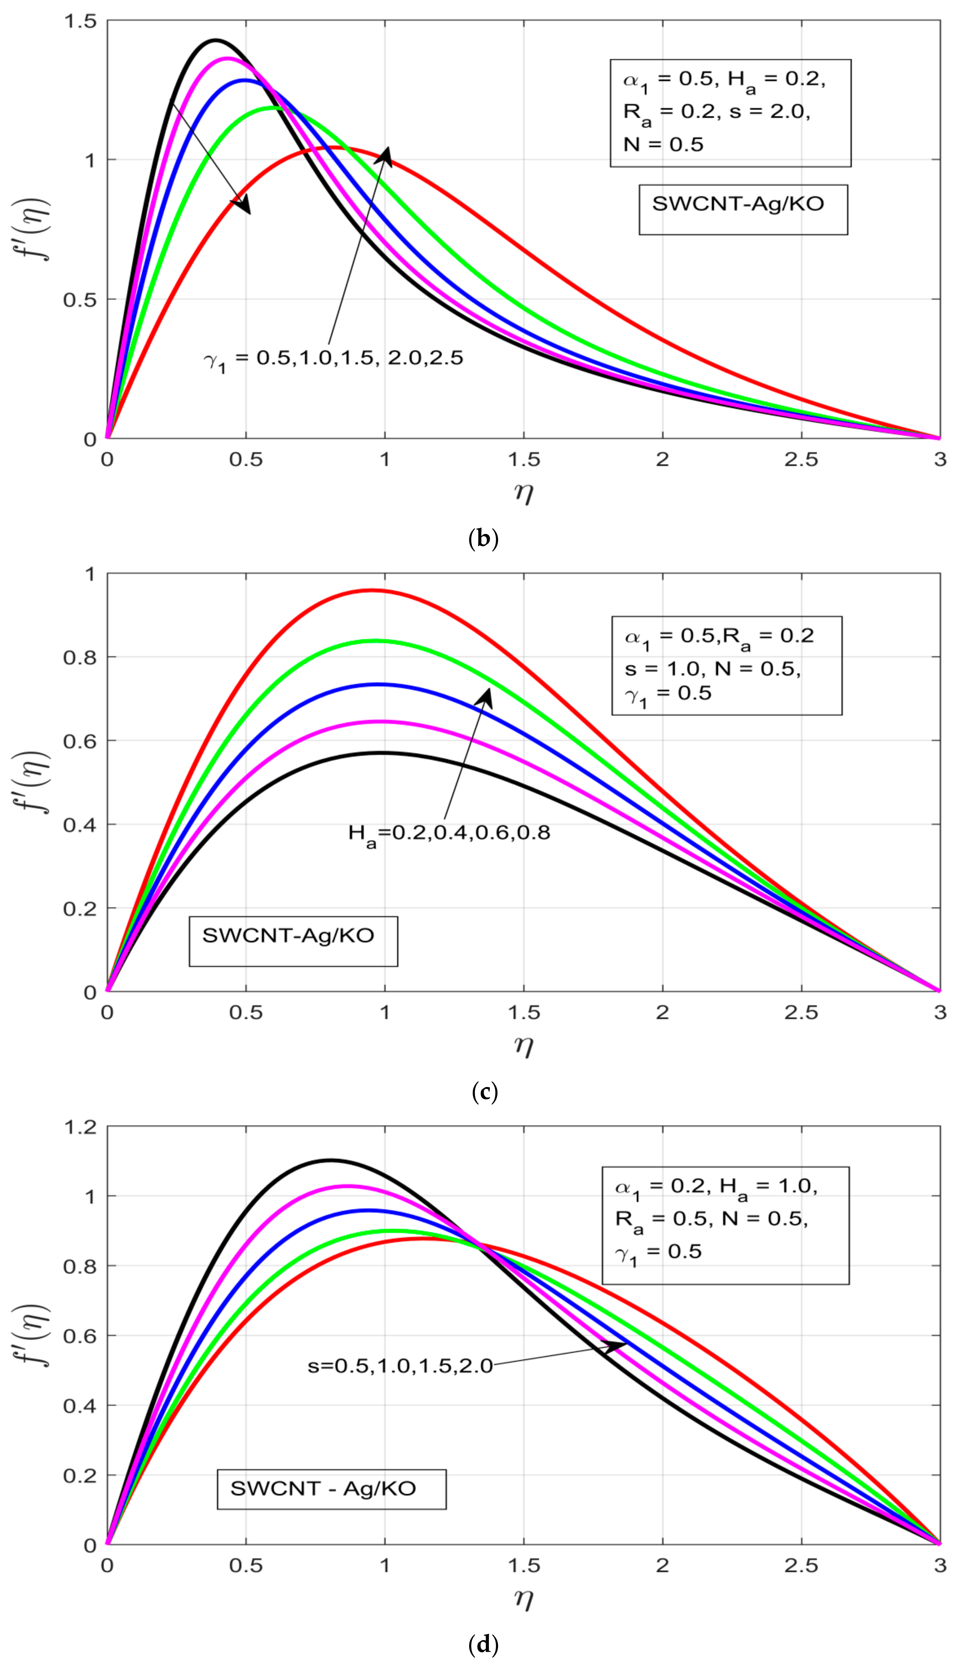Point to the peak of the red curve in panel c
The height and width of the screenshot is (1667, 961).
[372, 590]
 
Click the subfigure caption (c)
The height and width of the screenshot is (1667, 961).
[484, 1092]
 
